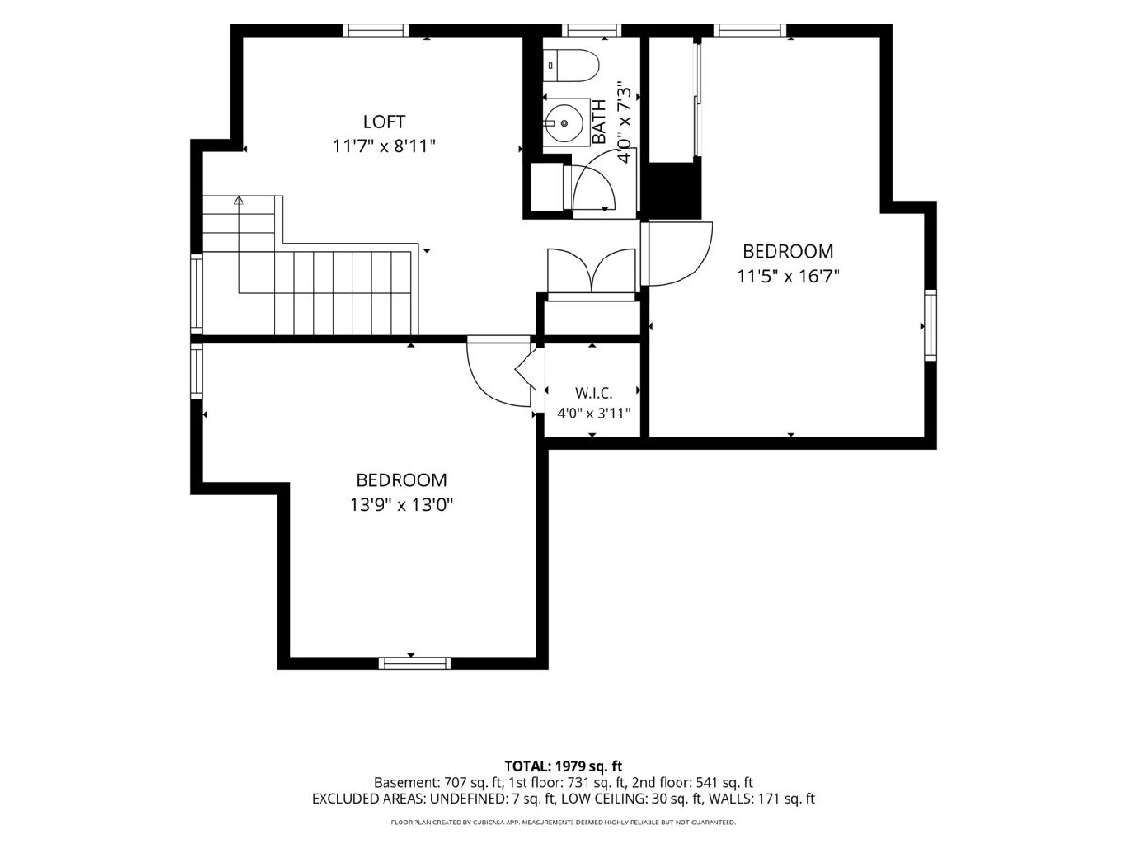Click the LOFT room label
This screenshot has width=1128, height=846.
click(384, 122)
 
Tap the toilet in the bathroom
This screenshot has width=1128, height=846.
click(572, 65)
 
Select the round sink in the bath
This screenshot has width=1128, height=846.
click(564, 124)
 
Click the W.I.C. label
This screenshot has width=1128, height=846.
click(593, 394)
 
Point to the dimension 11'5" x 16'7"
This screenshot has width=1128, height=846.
click(789, 276)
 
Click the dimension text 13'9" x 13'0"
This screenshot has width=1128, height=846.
click(401, 506)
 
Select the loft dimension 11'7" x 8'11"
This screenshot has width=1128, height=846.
click(384, 147)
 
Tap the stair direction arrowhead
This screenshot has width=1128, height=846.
click(239, 200)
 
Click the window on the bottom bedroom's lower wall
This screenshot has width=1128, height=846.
click(415, 663)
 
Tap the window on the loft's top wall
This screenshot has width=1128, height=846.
click(376, 30)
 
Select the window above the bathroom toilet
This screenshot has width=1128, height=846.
click(591, 30)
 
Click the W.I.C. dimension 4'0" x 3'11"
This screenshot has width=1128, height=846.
click(593, 413)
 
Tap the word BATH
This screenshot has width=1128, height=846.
click(599, 121)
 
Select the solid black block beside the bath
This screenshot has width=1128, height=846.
click(673, 190)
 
